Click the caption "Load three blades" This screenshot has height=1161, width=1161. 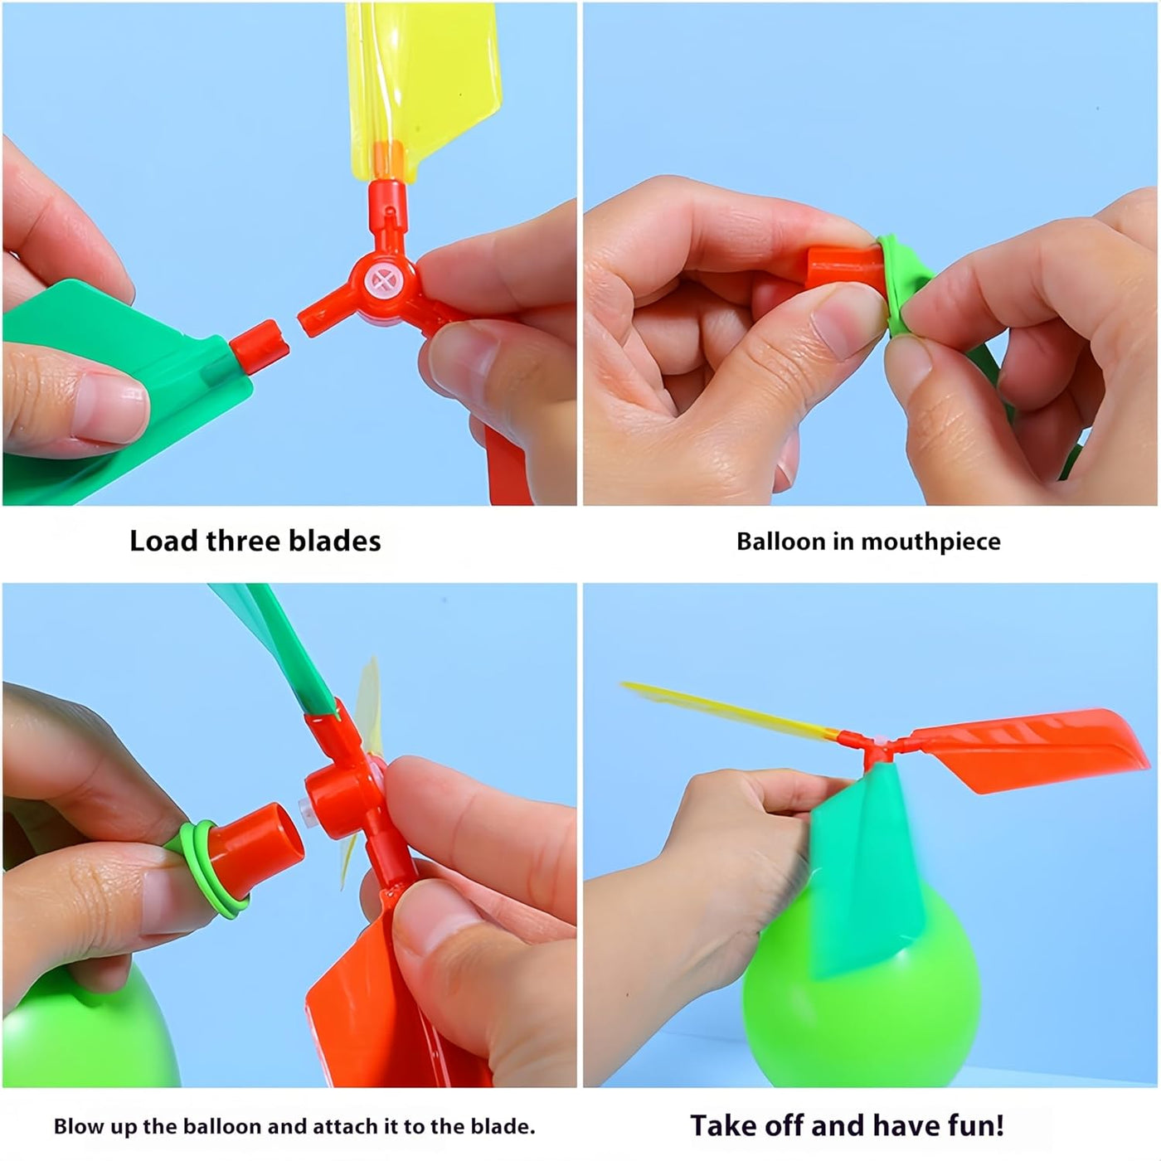255,541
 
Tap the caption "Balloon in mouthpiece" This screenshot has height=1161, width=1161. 868,542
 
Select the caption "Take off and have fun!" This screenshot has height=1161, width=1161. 847,1125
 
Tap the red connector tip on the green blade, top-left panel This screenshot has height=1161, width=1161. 260,343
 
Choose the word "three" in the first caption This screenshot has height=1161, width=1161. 231,541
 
